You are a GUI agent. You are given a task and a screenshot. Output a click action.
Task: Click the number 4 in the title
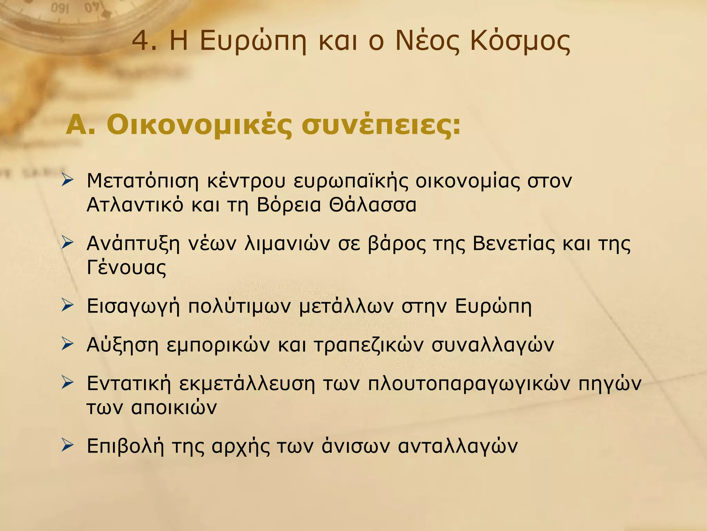click(x=140, y=41)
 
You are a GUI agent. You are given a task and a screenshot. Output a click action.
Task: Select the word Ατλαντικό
click(x=135, y=205)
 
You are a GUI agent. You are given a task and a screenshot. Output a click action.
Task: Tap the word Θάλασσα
click(x=372, y=205)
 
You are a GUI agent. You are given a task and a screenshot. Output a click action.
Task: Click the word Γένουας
click(x=126, y=268)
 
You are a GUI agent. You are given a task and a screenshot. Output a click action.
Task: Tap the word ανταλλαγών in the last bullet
click(x=458, y=447)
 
